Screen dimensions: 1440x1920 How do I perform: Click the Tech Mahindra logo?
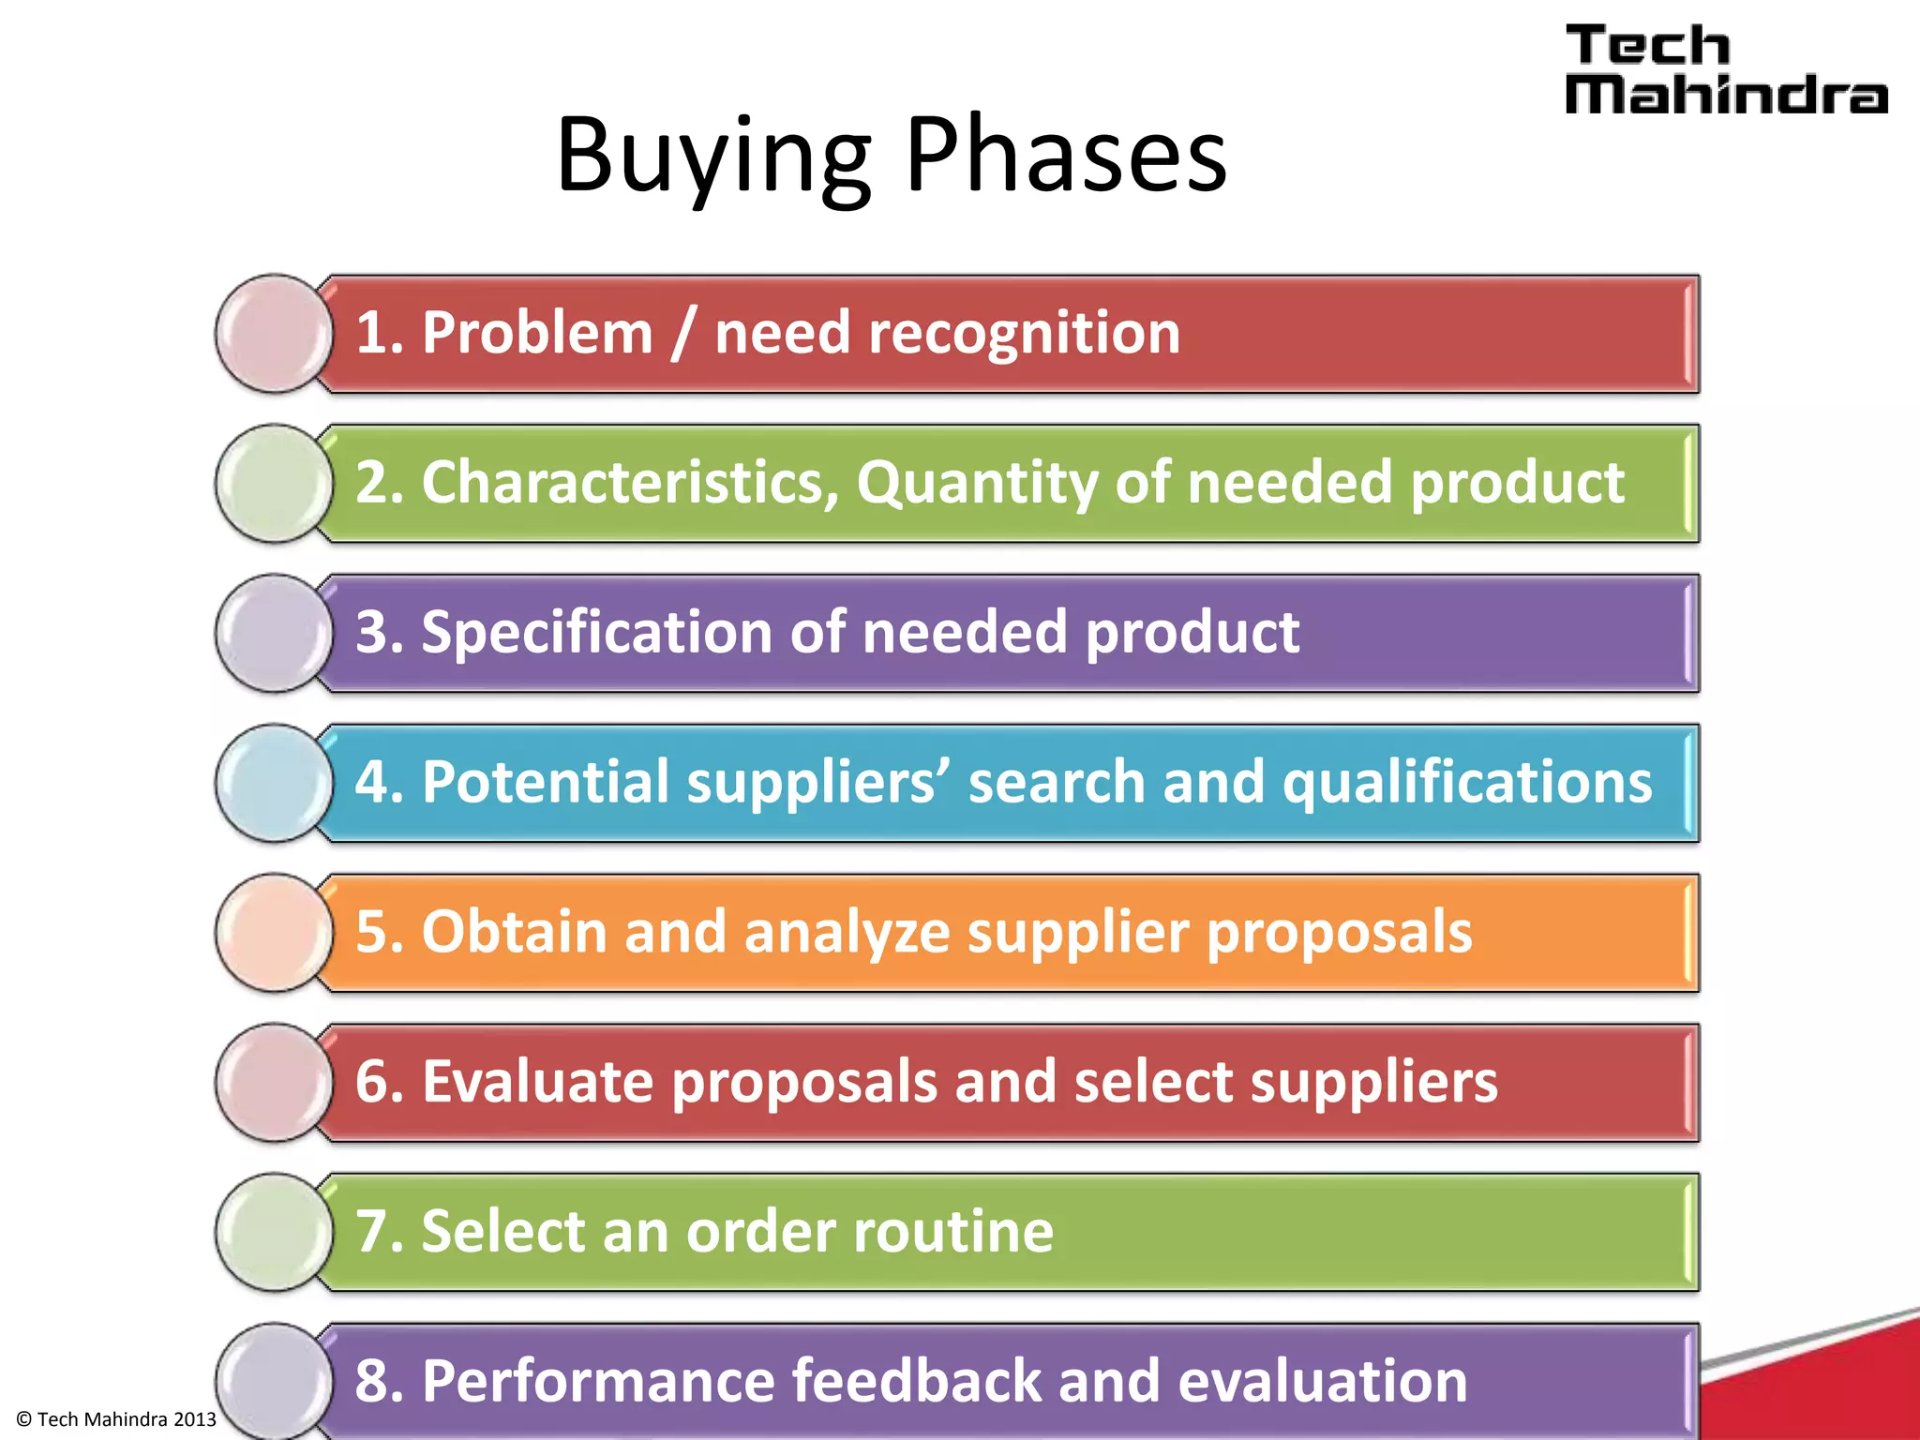(x=1725, y=70)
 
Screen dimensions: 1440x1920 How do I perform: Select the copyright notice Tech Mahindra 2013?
(x=116, y=1419)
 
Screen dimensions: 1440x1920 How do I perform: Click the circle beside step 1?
(x=274, y=334)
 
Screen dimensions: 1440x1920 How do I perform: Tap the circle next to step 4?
(x=274, y=783)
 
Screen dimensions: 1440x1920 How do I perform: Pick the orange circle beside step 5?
(x=274, y=933)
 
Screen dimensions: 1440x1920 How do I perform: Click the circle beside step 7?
(x=274, y=1232)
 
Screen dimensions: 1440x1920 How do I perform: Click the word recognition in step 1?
(x=1024, y=334)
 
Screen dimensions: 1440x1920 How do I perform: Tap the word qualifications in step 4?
(x=1466, y=783)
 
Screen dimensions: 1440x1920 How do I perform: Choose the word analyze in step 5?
(x=847, y=933)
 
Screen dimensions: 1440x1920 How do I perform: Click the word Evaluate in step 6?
(x=537, y=1082)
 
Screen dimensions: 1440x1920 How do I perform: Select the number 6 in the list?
(x=372, y=1082)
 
